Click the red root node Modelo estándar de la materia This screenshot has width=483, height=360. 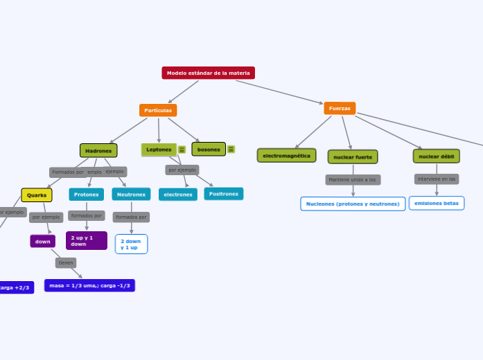(x=208, y=73)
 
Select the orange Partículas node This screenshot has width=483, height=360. (x=158, y=110)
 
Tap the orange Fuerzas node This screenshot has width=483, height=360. (x=340, y=108)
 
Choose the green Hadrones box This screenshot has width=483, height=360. (x=98, y=150)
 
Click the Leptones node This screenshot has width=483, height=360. (x=159, y=150)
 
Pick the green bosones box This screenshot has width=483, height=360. (x=209, y=150)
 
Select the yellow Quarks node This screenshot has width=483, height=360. (x=37, y=195)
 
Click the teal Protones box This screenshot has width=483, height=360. (x=87, y=195)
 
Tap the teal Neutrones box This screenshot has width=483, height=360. (x=131, y=195)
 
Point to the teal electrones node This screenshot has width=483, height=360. (x=178, y=195)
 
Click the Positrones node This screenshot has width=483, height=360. (x=223, y=194)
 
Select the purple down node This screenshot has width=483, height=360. (x=43, y=242)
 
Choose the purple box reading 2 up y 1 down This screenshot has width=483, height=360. (x=87, y=241)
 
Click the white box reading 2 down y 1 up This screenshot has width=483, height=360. (x=131, y=244)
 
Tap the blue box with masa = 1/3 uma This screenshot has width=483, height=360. (x=89, y=285)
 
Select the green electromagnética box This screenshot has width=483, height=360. (x=286, y=156)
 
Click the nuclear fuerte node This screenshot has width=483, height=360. (x=353, y=157)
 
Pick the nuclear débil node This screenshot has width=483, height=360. (x=436, y=156)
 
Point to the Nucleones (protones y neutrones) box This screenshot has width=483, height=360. (x=353, y=204)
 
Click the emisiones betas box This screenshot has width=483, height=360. (x=437, y=203)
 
